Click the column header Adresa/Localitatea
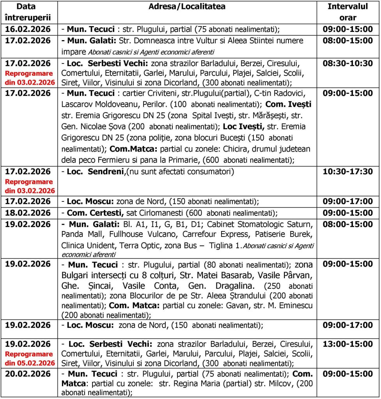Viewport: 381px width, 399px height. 186,7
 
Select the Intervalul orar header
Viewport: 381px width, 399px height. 347,12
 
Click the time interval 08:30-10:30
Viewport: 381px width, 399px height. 347,64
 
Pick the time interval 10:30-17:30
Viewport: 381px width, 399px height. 347,172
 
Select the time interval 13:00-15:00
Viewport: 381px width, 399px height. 347,344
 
